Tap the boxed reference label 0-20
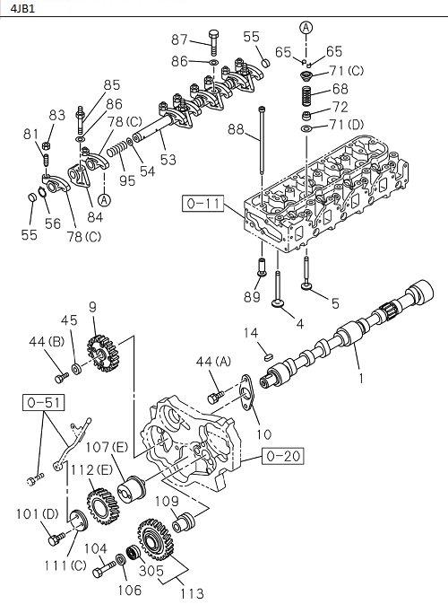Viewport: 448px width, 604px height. coord(282,457)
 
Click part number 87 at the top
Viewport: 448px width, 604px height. coord(180,39)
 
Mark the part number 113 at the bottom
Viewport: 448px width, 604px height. coord(191,593)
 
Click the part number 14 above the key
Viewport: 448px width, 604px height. coord(252,335)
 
